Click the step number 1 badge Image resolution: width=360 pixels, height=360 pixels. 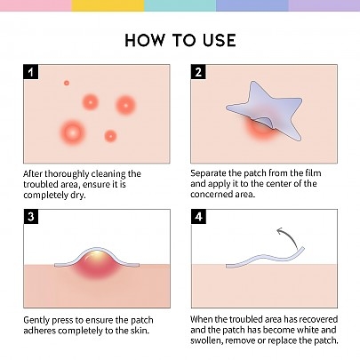31,72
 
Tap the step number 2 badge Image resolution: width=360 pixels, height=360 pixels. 198,72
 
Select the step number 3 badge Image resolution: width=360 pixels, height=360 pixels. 31,217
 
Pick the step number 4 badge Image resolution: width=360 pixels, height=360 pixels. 198,217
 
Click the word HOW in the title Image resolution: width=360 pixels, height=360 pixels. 145,40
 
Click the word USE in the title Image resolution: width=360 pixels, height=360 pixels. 220,40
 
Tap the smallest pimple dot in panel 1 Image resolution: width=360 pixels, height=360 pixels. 67,83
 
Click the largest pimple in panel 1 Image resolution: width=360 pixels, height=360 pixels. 72,132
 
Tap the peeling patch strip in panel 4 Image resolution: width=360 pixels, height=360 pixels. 264,258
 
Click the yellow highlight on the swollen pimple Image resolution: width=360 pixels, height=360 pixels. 96,255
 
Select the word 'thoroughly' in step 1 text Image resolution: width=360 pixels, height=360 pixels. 67,174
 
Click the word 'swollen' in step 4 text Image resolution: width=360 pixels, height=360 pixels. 206,340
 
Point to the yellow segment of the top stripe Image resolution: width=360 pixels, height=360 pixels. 108,5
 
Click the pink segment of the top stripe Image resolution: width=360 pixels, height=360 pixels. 36,5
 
